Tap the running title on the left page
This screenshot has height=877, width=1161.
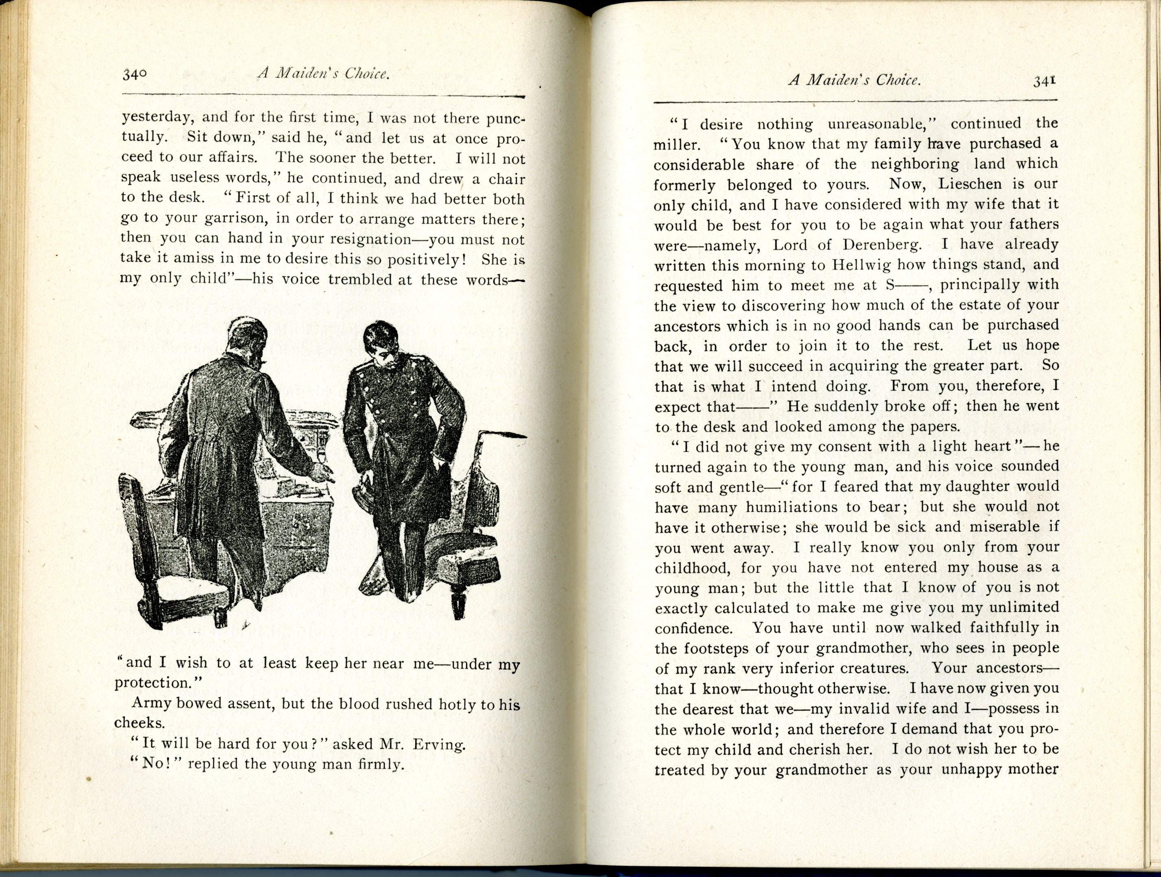coord(323,74)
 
